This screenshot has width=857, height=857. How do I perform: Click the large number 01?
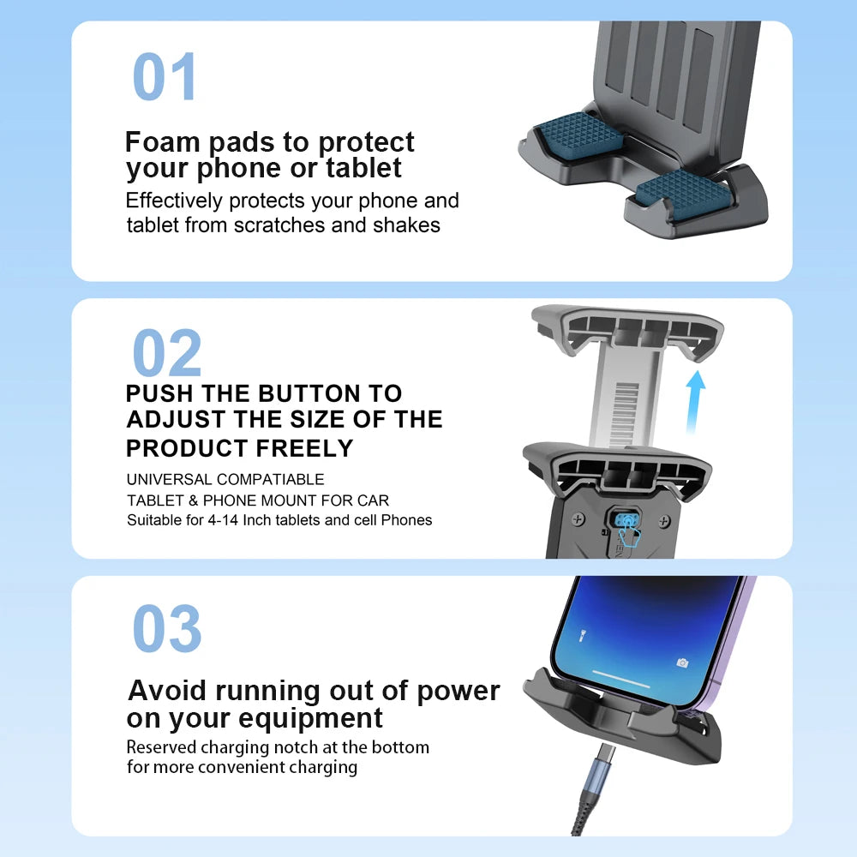click(165, 77)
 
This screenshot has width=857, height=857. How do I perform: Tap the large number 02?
click(167, 354)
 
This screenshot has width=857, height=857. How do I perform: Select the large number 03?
click(167, 629)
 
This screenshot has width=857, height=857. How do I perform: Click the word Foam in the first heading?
click(164, 141)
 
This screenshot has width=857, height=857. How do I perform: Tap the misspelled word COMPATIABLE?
click(271, 479)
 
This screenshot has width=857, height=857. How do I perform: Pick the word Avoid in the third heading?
click(168, 691)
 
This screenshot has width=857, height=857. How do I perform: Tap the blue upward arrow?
click(696, 395)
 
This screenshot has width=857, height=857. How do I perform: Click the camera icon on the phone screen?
click(682, 662)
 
